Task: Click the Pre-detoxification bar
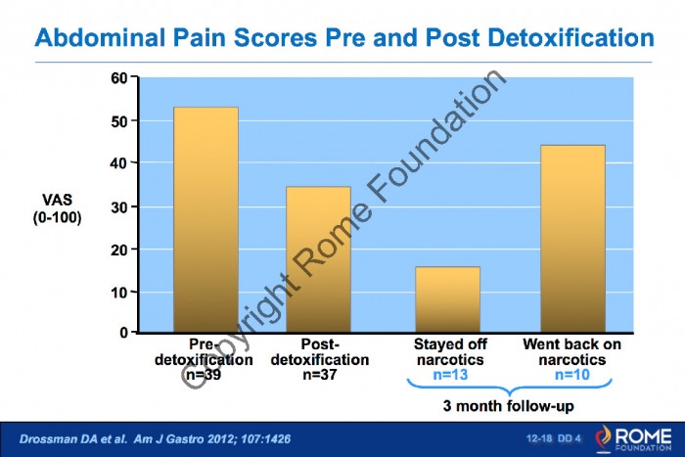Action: coord(205,219)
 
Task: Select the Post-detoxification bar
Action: coord(318,258)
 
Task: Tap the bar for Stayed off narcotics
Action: coord(447,298)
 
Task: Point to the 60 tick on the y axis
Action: coord(119,78)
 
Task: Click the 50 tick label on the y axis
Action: coord(119,121)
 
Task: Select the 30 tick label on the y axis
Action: coord(119,206)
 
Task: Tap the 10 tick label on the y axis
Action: coord(119,292)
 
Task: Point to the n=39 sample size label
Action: coord(205,374)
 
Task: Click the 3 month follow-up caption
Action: coord(510,405)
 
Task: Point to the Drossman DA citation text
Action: coord(147,437)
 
